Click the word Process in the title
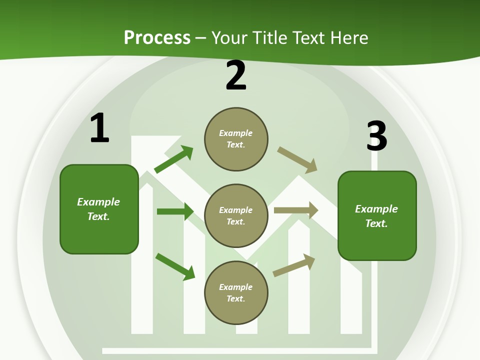tap(157, 38)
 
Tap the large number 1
tap(99, 128)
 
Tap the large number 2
tap(236, 75)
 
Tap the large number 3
tap(376, 136)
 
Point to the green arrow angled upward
tap(173, 159)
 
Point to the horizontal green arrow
tap(175, 211)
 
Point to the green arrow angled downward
tap(175, 266)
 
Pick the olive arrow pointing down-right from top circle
tap(297, 159)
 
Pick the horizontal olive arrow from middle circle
tap(296, 210)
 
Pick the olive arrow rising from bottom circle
tap(294, 265)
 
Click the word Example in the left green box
tap(98, 202)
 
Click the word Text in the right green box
tap(375, 223)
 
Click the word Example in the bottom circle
tap(235, 287)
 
